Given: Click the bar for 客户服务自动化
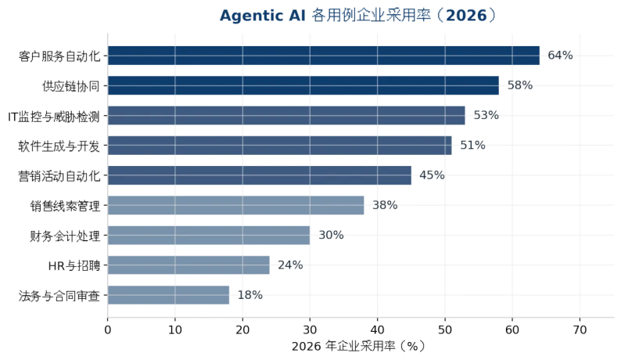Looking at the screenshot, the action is (324, 56).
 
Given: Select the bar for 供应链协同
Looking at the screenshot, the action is (303, 85).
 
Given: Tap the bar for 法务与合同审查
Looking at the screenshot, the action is (168, 295).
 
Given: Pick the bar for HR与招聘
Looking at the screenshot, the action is (188, 265).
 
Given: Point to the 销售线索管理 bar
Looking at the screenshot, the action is (235, 205).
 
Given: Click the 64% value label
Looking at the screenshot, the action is (560, 55).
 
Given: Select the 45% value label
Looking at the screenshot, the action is (432, 175).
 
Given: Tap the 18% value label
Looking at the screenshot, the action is (250, 295).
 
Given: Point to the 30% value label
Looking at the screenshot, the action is (331, 235).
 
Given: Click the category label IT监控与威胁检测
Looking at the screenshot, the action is (54, 117).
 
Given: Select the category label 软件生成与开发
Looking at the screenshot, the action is (59, 146).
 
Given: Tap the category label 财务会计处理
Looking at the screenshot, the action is (65, 236).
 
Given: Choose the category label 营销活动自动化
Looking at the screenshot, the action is (59, 176).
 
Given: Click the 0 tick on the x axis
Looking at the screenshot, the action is (108, 329).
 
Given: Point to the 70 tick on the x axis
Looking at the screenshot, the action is (580, 329).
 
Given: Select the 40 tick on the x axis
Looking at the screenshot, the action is (378, 329).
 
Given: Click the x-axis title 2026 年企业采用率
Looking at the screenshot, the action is (344, 346).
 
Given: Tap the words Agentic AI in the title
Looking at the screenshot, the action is (263, 16).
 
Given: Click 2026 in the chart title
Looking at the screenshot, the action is (466, 16).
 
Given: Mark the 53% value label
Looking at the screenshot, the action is (486, 115).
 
